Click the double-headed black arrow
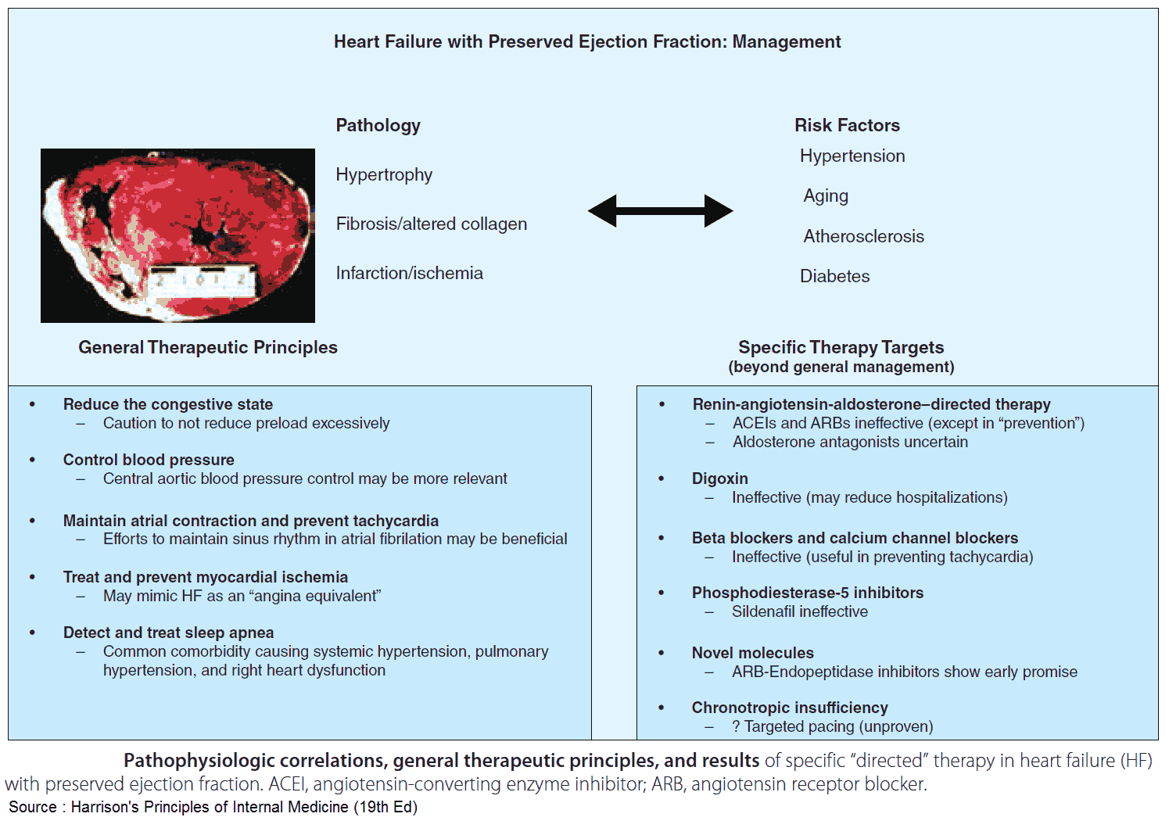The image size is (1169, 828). coord(660,211)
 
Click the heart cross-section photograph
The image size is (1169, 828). coord(178,235)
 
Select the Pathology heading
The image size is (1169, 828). coord(378,125)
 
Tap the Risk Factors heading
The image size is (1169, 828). coord(847,125)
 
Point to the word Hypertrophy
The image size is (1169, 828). coord(384,174)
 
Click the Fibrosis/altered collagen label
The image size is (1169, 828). coord(431,224)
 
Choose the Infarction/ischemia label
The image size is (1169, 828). coord(409,273)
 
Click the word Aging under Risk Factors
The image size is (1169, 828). coord(826,195)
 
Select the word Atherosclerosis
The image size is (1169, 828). coord(863,236)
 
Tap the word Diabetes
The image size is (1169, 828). coord(834,276)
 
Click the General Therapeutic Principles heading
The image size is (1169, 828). coord(208,347)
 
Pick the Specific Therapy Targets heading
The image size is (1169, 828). coord(841,347)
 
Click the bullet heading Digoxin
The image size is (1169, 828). coord(719,479)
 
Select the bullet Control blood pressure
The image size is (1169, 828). coord(149,460)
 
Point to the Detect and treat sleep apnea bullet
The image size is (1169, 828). coord(168,633)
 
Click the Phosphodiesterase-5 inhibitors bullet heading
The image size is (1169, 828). coord(807,593)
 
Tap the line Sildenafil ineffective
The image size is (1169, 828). coord(799,611)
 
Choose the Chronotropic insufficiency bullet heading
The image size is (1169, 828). coord(790,708)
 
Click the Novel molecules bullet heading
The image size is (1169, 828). coord(752,653)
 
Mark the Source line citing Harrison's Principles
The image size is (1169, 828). coord(213,807)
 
